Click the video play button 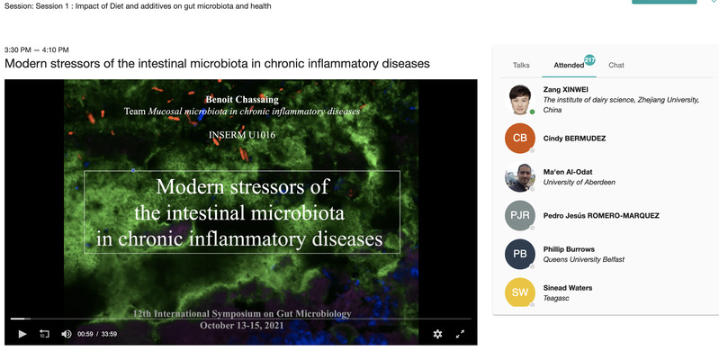22,334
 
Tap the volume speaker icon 66,334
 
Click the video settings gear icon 437,334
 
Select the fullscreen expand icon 460,334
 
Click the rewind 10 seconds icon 44,334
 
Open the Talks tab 521,65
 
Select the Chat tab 616,65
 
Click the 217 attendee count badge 589,59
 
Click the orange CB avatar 520,138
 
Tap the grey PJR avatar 520,215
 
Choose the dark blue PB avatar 520,254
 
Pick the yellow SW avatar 520,292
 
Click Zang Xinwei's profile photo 520,100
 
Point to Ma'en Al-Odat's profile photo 520,176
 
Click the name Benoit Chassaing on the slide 242,100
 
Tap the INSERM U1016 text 242,135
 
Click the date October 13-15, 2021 242,326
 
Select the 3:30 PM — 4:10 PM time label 37,50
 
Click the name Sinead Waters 568,288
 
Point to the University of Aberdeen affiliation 580,182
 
